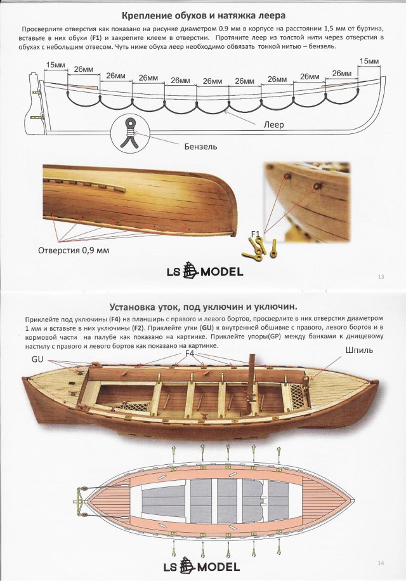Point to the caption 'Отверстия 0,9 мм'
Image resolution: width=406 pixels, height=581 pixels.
click(74, 251)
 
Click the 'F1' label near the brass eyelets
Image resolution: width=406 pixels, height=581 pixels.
click(255, 234)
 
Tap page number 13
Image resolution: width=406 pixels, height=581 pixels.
click(381, 276)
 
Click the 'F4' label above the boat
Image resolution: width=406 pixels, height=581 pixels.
click(190, 353)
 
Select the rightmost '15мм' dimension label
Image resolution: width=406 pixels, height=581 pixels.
click(369, 62)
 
